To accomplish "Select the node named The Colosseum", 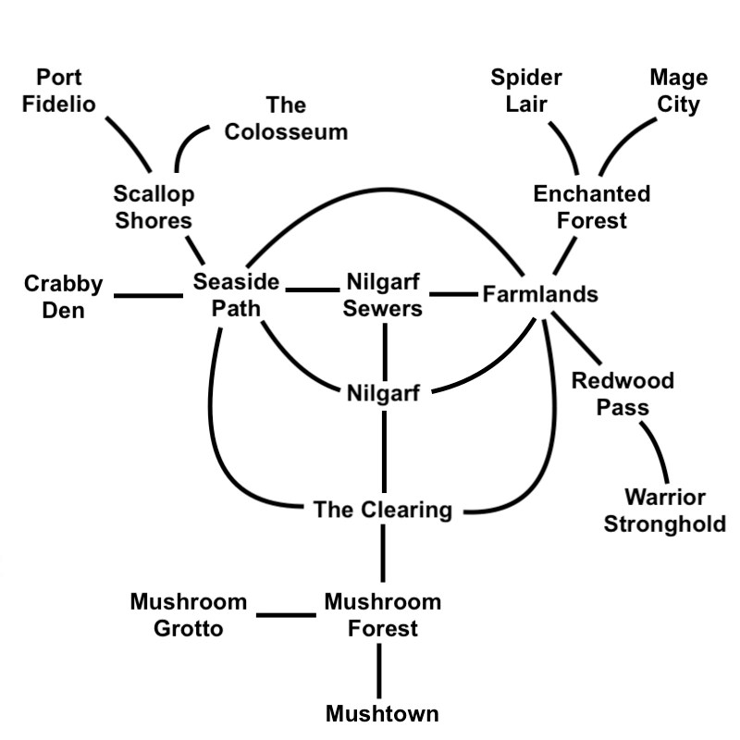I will coord(286,118).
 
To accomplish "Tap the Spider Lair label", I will coord(526,91).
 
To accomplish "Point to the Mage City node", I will coord(678,91).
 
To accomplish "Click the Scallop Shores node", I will coord(154,207).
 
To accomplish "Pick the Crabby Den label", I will coord(64,296).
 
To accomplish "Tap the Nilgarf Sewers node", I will coord(383,295).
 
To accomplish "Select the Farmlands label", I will coord(540,295).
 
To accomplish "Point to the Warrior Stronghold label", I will coord(664,512).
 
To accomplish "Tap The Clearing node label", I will coord(382,510).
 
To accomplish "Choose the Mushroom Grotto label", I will coord(189,615).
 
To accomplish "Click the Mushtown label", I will coord(382,713).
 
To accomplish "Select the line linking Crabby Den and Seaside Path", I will coord(148,296).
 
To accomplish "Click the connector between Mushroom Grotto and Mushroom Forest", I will coord(286,614).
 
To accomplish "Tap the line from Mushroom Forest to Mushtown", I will coord(379,671).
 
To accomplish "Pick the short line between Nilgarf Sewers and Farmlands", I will coord(453,295).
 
